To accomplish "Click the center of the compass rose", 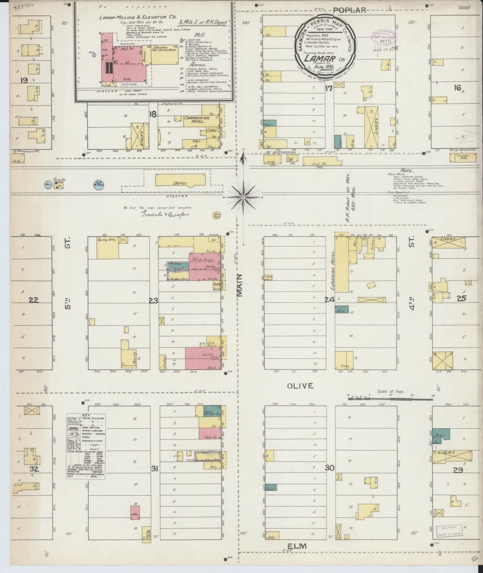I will pyautogui.click(x=243, y=197).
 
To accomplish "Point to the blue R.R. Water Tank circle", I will pyautogui.click(x=98, y=185).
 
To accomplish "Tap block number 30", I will pyautogui.click(x=330, y=468).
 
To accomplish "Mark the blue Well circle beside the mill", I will pyautogui.click(x=94, y=55).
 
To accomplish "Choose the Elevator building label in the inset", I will pyautogui.click(x=159, y=48).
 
